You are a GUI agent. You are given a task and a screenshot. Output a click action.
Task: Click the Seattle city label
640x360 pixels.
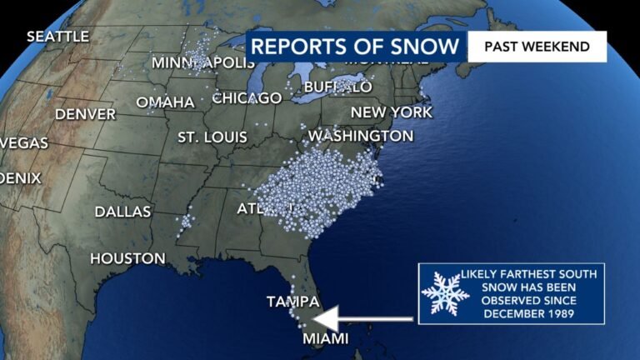(57, 37)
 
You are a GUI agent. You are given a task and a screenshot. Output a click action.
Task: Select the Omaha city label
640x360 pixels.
(165, 102)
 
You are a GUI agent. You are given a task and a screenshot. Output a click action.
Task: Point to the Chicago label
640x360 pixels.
(247, 98)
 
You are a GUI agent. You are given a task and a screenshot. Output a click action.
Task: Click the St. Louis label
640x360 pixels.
(212, 137)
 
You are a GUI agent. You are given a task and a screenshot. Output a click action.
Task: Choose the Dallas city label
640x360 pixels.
(122, 212)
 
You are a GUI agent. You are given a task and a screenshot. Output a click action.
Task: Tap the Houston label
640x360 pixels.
(127, 259)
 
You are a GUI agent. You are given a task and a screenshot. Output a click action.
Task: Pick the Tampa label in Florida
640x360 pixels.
(293, 301)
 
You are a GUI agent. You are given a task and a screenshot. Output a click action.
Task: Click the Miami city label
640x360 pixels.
(324, 338)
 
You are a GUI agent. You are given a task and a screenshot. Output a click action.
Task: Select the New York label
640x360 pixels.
(392, 112)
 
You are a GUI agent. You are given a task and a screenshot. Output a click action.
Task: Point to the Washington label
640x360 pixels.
(361, 135)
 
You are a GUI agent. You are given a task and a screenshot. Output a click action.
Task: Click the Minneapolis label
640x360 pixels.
(203, 63)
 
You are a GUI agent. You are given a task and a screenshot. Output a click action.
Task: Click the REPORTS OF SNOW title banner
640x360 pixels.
(355, 47)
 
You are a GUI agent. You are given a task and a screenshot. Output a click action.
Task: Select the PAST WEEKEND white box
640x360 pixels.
(537, 47)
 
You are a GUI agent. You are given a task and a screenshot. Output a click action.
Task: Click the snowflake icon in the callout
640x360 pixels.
(445, 293)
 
